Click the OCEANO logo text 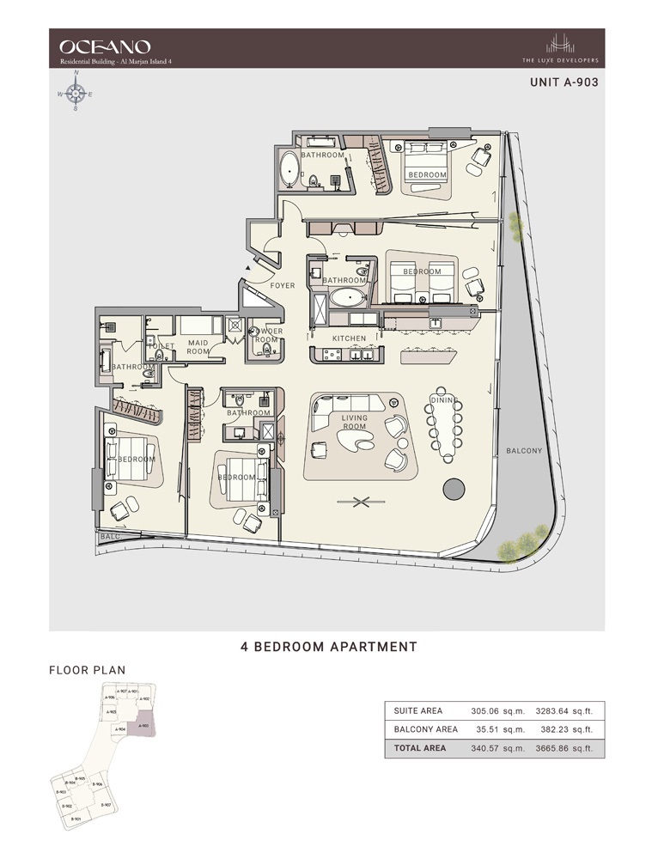[x=105, y=46]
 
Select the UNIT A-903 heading [x=563, y=84]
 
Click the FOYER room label [x=283, y=285]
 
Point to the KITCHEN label [x=350, y=338]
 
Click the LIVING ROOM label [x=355, y=421]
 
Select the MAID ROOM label [x=198, y=347]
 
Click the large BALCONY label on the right [x=524, y=450]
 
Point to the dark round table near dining [x=454, y=490]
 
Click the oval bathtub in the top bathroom [x=289, y=170]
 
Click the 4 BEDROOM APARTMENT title [x=329, y=647]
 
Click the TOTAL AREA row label [x=420, y=748]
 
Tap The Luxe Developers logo [x=572, y=48]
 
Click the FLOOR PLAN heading [x=87, y=670]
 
